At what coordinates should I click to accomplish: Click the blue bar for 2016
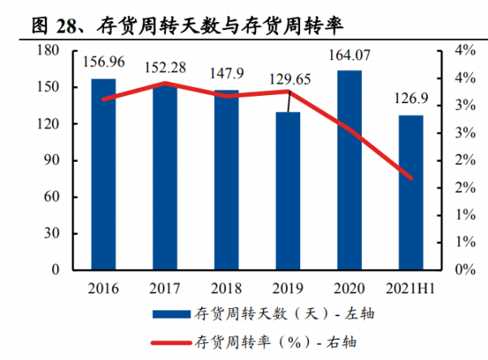(x=103, y=174)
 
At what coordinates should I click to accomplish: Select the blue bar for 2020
(x=350, y=170)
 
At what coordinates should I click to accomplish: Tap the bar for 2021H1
(x=411, y=193)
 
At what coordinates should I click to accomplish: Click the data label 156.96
(x=103, y=61)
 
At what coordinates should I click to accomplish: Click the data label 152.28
(x=166, y=67)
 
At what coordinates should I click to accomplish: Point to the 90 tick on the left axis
(x=54, y=160)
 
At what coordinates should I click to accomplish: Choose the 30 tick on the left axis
(x=54, y=233)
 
